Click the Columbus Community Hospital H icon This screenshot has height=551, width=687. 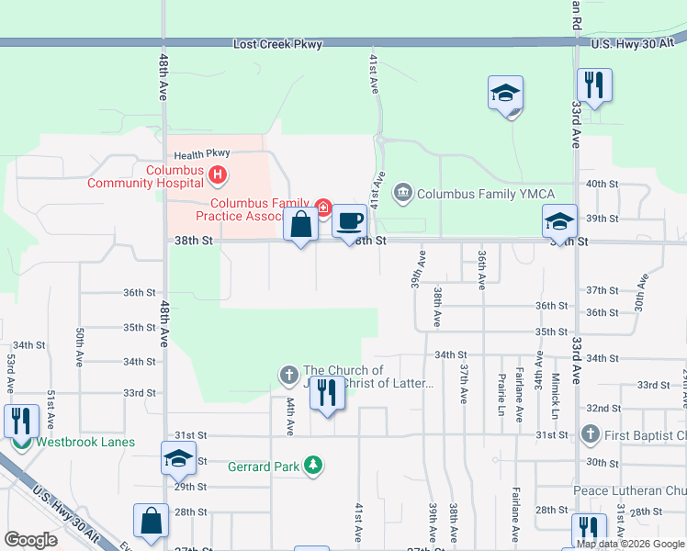(x=218, y=173)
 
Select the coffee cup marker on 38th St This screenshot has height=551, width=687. (x=349, y=221)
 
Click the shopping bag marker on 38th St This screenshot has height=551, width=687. (x=301, y=223)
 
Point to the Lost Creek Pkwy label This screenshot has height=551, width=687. (x=277, y=44)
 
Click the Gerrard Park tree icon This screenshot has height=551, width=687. (x=314, y=466)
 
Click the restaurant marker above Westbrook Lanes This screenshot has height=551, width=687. (x=21, y=421)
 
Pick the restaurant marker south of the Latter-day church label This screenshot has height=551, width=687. (x=326, y=393)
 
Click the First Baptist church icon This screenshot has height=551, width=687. (x=591, y=433)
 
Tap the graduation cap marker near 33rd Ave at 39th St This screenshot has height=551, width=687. (x=559, y=221)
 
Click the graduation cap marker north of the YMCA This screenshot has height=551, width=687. (x=505, y=94)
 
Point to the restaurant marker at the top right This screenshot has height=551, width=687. (x=594, y=86)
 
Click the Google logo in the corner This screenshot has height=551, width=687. (x=30, y=540)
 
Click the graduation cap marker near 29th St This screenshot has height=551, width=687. (x=178, y=459)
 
